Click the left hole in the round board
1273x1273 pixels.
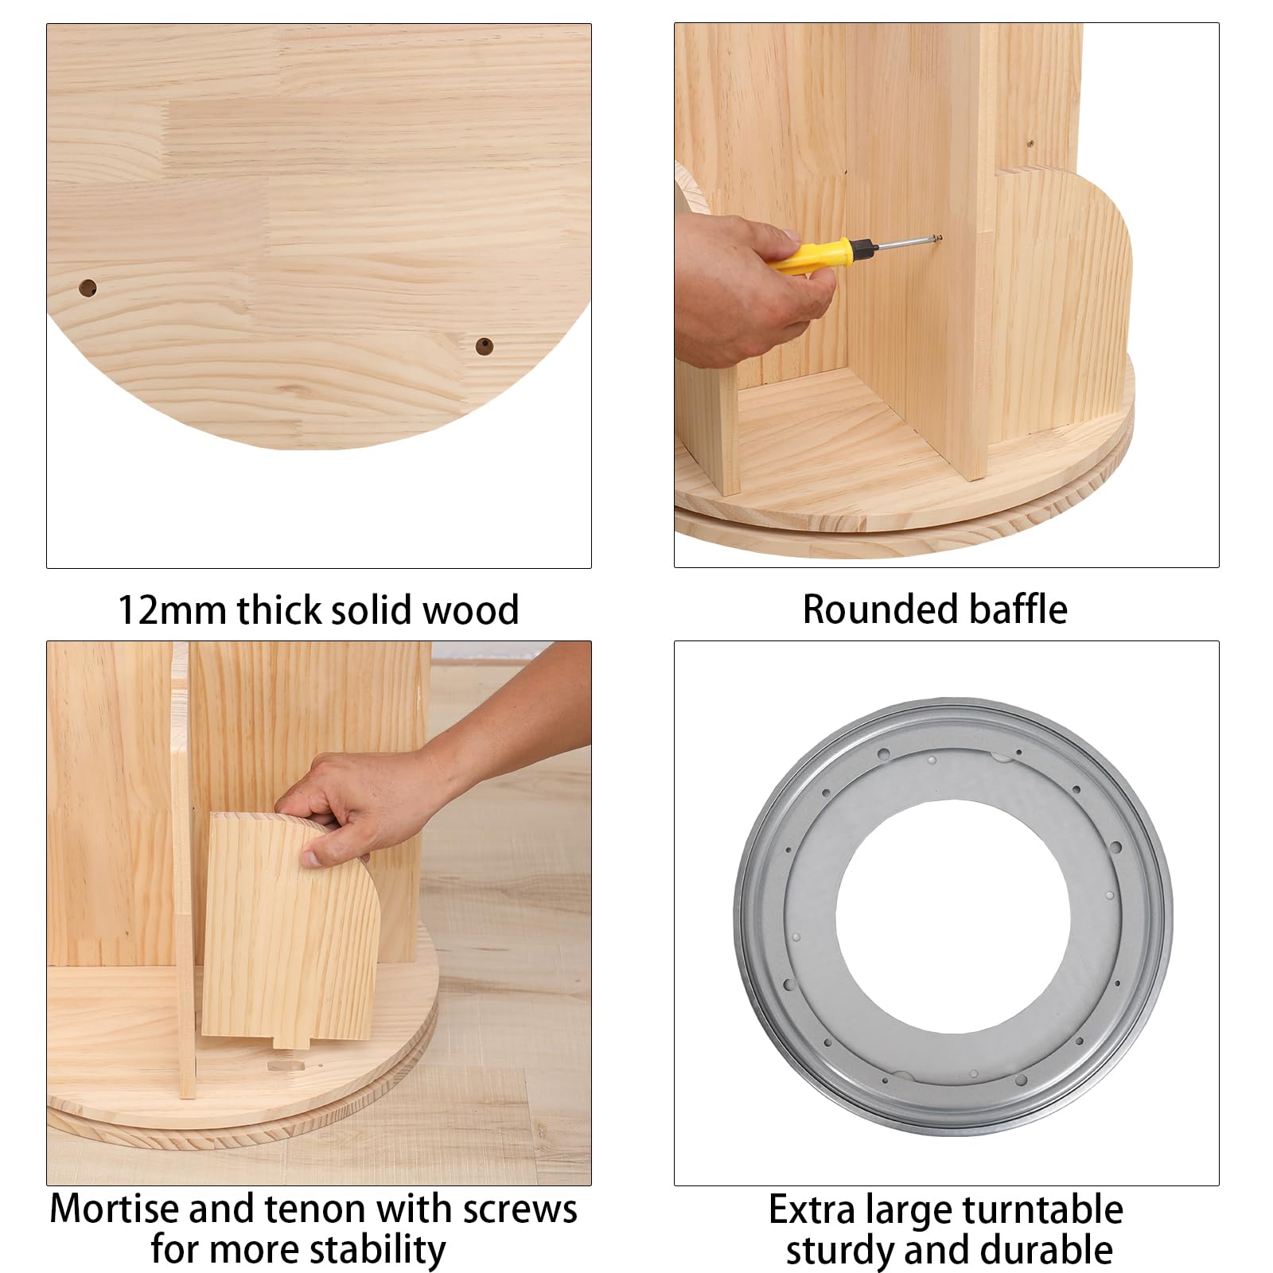[88, 288]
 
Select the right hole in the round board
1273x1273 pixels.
[484, 346]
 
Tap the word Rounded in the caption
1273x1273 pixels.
[879, 609]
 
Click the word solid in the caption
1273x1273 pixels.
[372, 611]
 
